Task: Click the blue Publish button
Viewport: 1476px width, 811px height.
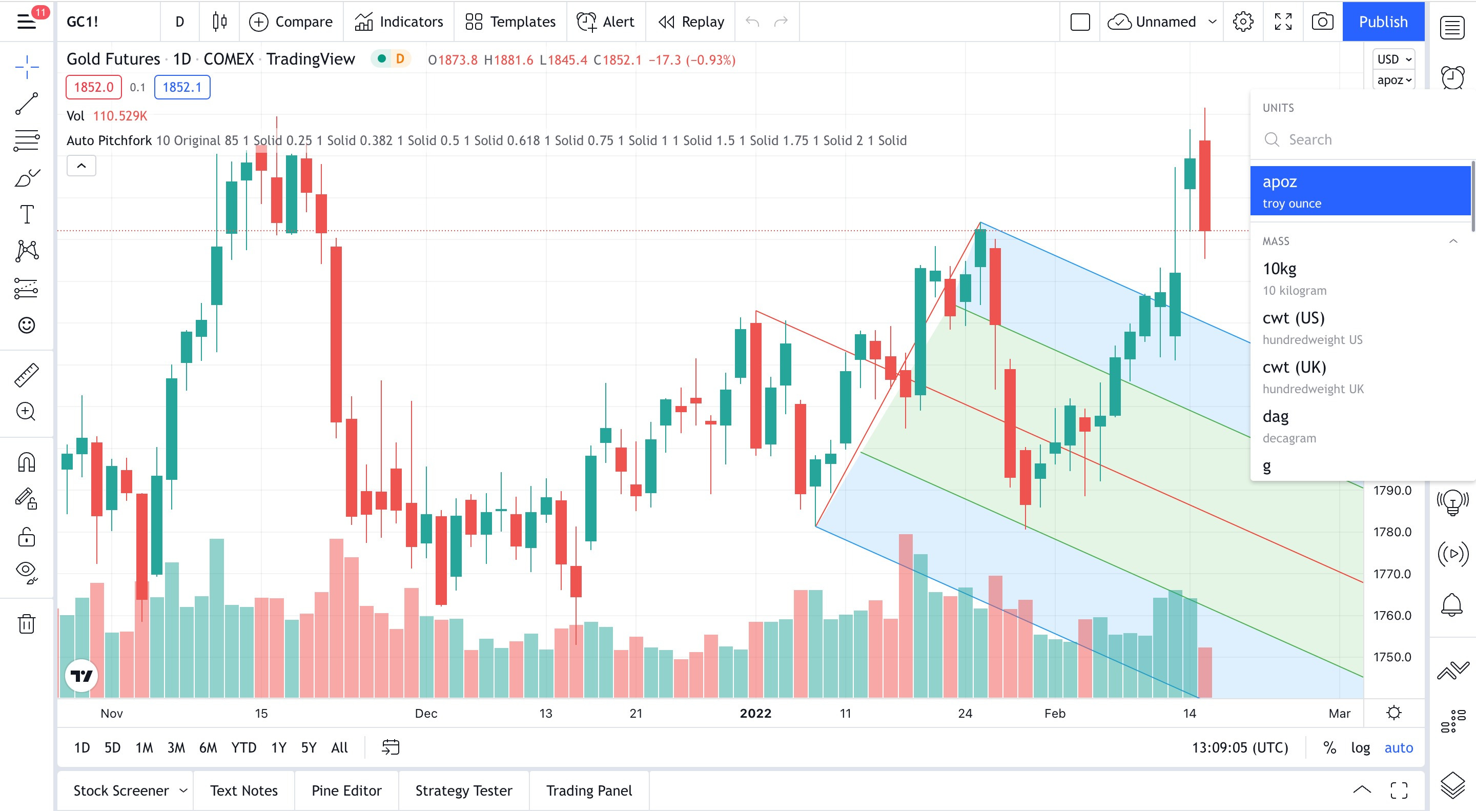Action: click(x=1383, y=22)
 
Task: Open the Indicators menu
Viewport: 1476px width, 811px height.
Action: click(x=399, y=22)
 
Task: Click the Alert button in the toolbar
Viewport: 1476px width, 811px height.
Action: click(x=606, y=22)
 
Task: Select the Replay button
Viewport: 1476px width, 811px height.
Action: click(x=691, y=22)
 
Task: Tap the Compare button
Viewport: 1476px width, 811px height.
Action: click(x=291, y=22)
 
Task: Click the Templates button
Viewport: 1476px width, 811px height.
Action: click(x=510, y=22)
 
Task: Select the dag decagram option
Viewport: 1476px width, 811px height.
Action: click(x=1289, y=426)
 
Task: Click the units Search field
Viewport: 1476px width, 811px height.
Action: click(x=1358, y=139)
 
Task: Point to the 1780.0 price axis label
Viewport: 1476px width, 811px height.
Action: click(x=1392, y=532)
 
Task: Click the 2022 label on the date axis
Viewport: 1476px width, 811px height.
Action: click(x=755, y=713)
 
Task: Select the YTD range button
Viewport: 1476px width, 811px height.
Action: click(x=243, y=747)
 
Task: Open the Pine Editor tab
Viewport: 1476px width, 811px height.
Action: click(x=346, y=790)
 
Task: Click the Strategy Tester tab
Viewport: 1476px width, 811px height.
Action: click(x=463, y=790)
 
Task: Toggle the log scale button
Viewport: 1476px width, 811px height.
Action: click(x=1360, y=747)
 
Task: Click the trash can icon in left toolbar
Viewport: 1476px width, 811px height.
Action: click(x=26, y=623)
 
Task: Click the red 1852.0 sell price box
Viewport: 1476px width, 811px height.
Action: click(x=93, y=87)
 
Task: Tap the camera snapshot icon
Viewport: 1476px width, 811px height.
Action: click(x=1322, y=22)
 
